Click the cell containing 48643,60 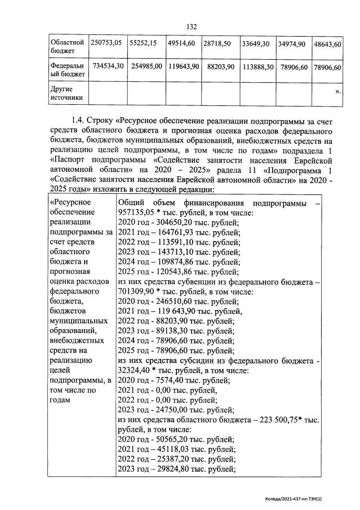(x=328, y=44)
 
